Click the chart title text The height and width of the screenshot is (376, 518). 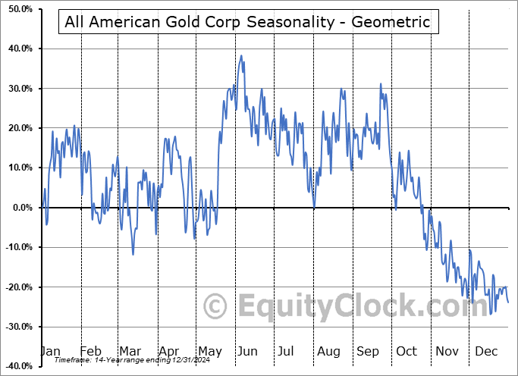[x=247, y=22]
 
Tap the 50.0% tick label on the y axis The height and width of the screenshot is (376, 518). [x=17, y=9]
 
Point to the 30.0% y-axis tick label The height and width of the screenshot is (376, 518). [x=17, y=89]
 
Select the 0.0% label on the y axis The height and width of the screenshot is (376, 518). [x=19, y=208]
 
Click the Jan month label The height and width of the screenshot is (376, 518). [x=50, y=351]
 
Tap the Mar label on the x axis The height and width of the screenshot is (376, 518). [x=130, y=351]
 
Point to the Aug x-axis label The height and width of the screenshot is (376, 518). [x=329, y=351]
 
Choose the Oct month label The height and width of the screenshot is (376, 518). [x=407, y=351]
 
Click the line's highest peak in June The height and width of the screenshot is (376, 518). [x=241, y=55]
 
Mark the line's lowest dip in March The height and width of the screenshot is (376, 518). [x=133, y=254]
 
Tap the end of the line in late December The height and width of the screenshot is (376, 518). [x=508, y=302]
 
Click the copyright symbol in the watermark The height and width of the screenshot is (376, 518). [x=216, y=306]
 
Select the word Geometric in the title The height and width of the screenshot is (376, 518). [x=394, y=22]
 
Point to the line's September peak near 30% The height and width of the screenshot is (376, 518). [x=381, y=84]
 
